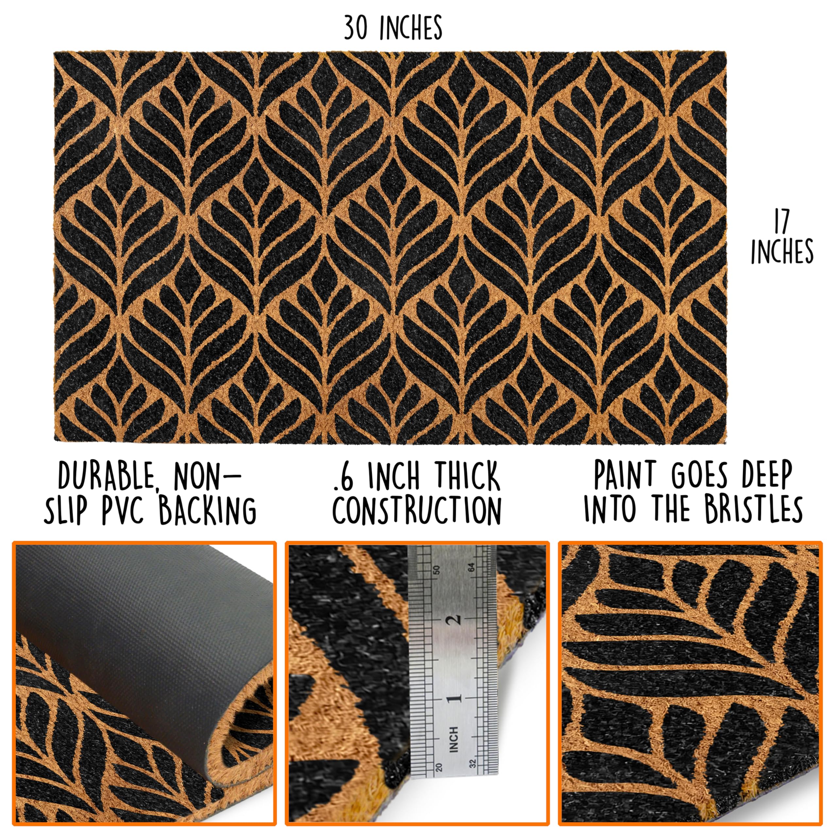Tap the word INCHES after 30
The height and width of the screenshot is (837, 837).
(411, 28)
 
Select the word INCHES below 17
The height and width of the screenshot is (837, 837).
(782, 251)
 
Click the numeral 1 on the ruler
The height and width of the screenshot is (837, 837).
(455, 698)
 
